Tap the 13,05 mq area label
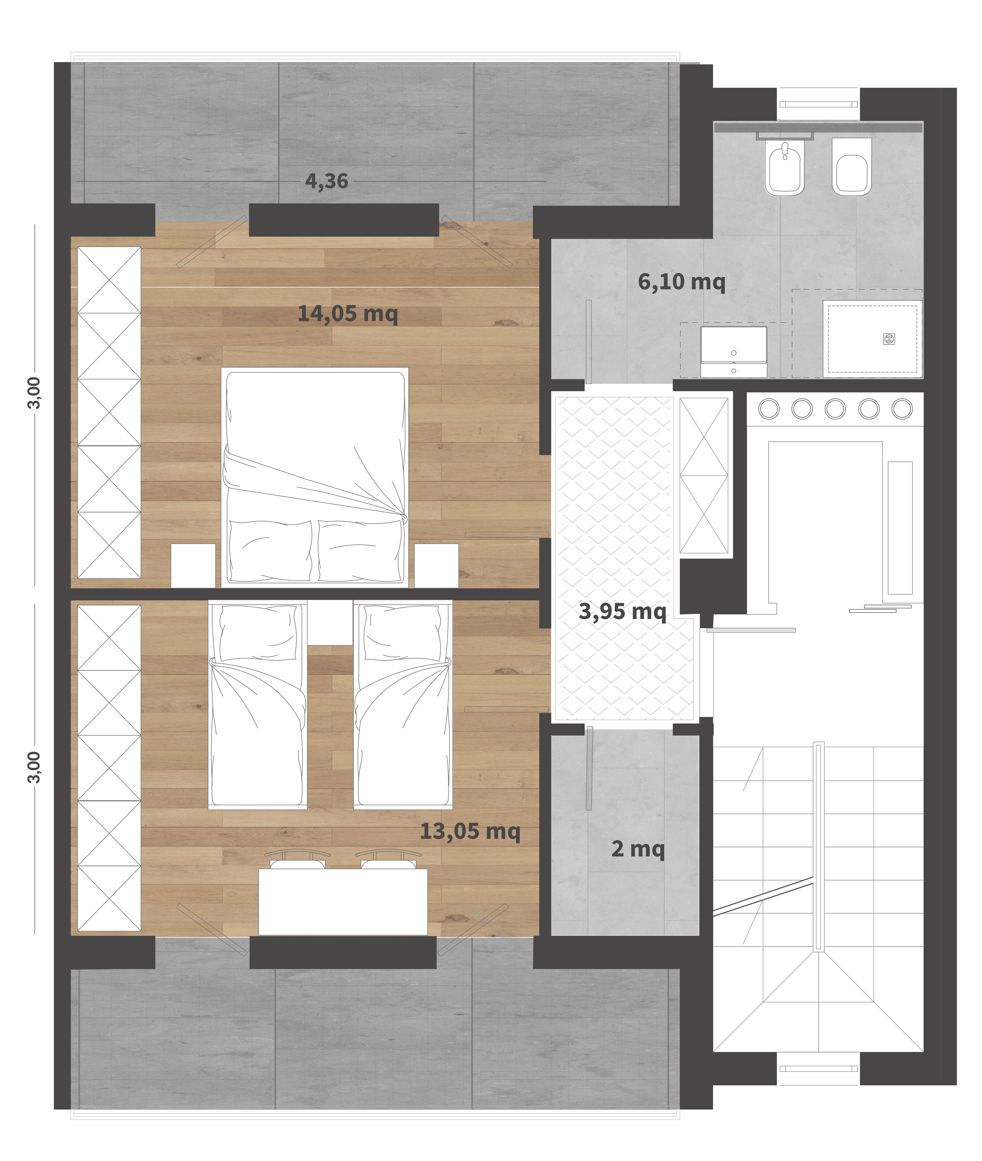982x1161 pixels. [470, 831]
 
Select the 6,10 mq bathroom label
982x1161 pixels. [682, 282]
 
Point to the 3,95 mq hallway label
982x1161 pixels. [622, 612]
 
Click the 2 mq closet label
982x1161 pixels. [638, 849]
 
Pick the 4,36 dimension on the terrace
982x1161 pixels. [327, 181]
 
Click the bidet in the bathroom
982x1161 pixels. [785, 167]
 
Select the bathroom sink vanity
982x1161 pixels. [734, 352]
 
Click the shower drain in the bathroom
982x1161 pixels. [889, 339]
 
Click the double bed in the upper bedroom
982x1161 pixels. [314, 477]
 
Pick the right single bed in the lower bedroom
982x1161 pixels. [403, 704]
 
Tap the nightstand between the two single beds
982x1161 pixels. [330, 622]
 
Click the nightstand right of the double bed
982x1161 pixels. [436, 565]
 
